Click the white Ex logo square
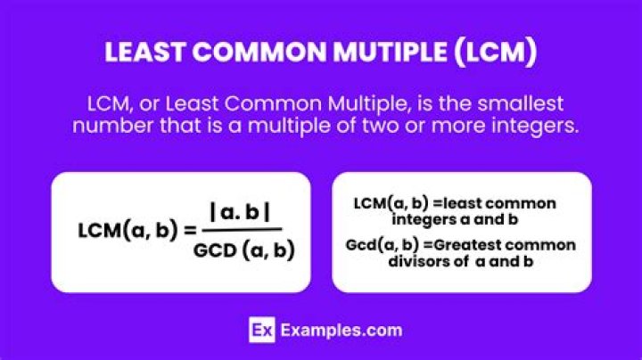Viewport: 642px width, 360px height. [259, 330]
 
